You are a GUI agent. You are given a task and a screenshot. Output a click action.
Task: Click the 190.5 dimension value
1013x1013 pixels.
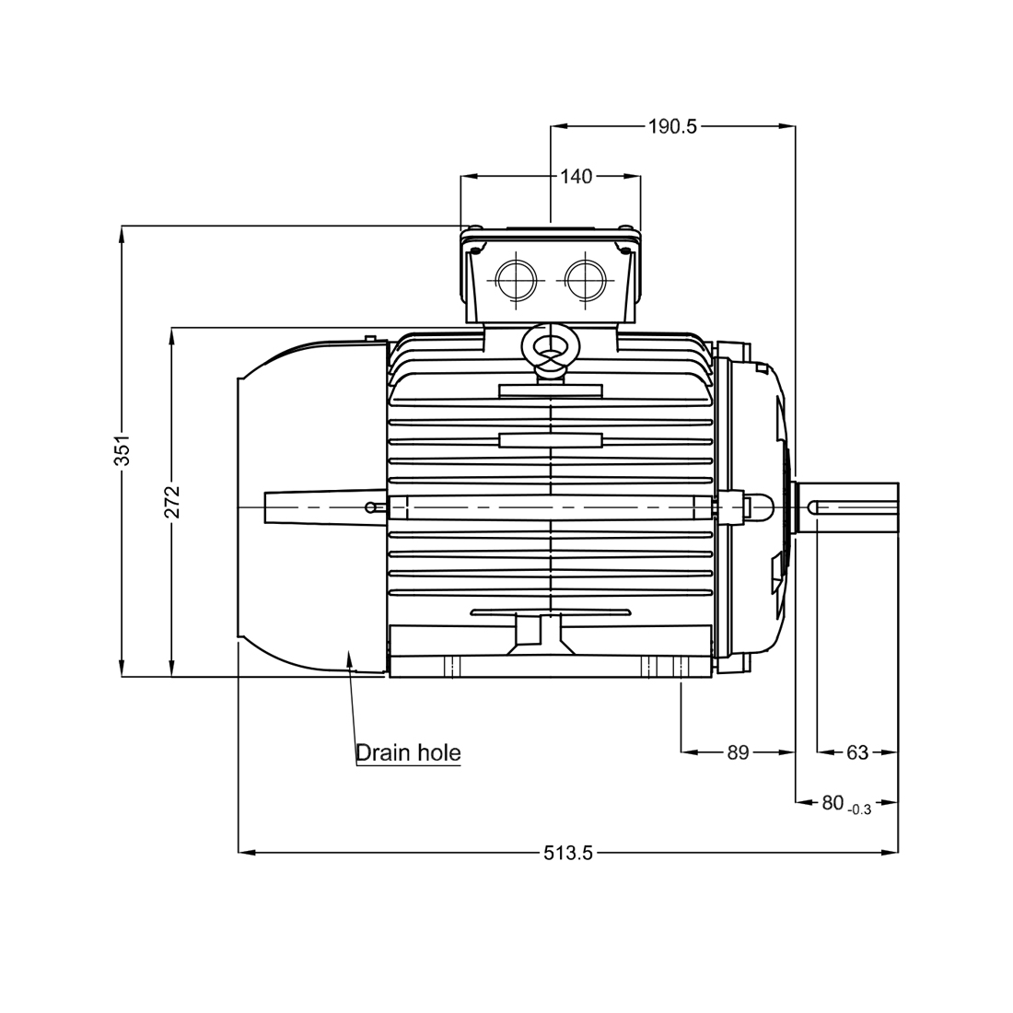coord(672,127)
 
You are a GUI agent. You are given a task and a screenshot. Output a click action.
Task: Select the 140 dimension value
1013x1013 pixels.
coord(576,176)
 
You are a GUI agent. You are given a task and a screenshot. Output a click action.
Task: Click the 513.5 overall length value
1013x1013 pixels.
coord(567,853)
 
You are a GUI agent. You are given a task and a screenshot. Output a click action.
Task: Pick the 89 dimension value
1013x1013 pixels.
coord(738,752)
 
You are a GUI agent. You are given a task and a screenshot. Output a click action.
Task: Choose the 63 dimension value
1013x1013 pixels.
coord(857,752)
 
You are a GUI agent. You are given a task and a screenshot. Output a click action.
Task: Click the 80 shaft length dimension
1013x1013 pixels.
coord(833,803)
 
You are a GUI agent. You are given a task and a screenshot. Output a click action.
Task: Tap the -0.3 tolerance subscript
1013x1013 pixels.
coord(859,809)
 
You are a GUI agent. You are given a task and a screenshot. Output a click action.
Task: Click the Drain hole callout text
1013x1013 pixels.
coord(408,752)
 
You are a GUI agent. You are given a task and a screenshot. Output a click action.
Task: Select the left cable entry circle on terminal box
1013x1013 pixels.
coord(514,278)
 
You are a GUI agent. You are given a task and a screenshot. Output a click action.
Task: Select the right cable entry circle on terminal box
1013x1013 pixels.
coord(584,278)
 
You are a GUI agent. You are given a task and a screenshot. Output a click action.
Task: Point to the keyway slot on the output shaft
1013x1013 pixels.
coord(852,506)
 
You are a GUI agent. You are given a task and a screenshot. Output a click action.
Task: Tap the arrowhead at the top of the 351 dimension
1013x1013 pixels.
coord(123,232)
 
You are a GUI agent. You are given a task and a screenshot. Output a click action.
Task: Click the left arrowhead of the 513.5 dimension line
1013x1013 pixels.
coord(245,853)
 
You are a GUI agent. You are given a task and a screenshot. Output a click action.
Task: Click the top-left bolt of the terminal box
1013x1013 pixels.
coord(474,230)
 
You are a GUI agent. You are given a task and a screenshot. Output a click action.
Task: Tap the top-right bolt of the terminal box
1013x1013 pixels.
coord(626,230)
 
